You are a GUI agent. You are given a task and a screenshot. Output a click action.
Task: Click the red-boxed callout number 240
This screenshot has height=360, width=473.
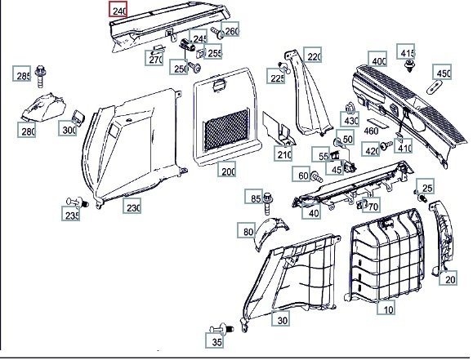[118, 9]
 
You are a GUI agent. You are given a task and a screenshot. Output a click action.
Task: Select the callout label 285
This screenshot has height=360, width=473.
[22, 73]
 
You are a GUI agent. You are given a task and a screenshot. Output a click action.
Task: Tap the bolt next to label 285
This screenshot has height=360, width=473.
[40, 76]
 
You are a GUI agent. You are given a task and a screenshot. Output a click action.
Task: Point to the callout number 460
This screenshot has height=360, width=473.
[371, 131]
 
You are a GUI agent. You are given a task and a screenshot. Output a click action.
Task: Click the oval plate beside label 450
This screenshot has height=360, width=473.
[434, 87]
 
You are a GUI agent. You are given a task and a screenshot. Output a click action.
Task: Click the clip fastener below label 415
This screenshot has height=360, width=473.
[409, 66]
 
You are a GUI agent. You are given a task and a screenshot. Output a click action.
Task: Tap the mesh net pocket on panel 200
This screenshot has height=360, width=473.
[226, 131]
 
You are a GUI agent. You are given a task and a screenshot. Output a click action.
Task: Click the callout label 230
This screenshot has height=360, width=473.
[132, 206]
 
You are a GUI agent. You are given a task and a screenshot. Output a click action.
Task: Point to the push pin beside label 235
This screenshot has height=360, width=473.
[78, 202]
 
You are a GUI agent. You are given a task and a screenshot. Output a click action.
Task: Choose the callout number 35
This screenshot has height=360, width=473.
[215, 340]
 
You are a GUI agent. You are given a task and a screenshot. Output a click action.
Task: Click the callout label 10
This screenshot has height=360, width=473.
[386, 308]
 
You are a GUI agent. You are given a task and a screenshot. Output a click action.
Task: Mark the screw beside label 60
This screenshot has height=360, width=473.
[316, 176]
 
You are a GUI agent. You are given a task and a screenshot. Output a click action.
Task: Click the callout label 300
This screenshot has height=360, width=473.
[68, 128]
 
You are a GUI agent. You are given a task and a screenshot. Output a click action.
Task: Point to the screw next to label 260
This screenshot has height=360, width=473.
[218, 33]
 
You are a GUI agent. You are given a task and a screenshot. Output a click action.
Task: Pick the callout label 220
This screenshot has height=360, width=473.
[313, 55]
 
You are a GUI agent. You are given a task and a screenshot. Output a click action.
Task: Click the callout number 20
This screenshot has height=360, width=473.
[448, 278]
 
